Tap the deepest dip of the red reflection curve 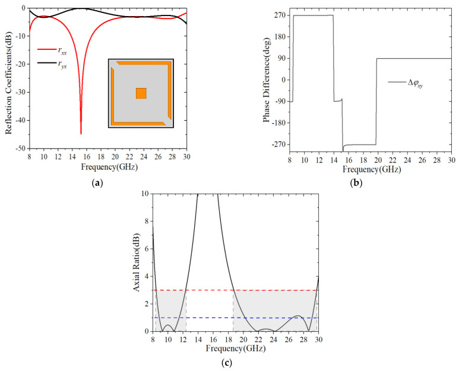(x=81, y=134)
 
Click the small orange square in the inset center (x=141, y=93)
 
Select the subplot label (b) (x=357, y=183)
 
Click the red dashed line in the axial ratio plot (x=238, y=290)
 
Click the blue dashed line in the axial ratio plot (x=238, y=317)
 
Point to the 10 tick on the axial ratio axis (x=145, y=194)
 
